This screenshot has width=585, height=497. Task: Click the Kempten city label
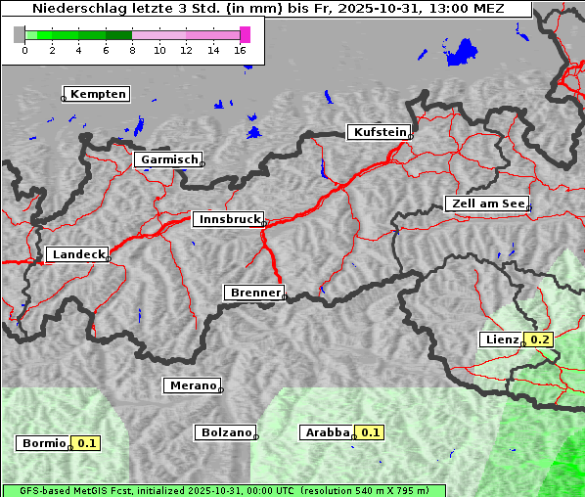point(98,94)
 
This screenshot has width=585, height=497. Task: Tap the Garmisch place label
point(168,159)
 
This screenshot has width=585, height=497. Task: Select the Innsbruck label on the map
point(228,220)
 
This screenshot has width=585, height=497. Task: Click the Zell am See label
point(487,203)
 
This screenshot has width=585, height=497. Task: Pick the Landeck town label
point(78,254)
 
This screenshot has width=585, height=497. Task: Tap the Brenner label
point(254,293)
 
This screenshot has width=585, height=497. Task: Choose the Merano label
point(192,385)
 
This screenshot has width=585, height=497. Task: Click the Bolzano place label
point(226,432)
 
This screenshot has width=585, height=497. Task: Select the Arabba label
point(327,432)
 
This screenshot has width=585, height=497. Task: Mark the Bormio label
point(43,443)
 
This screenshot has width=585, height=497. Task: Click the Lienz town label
point(501,339)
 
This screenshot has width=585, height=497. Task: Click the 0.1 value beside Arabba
point(371,432)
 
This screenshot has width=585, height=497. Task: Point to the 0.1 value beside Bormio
point(87,443)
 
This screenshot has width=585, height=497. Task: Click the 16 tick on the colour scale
point(241,50)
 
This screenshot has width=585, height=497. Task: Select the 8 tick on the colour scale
point(132,50)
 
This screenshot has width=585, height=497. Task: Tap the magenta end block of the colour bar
point(245,34)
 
